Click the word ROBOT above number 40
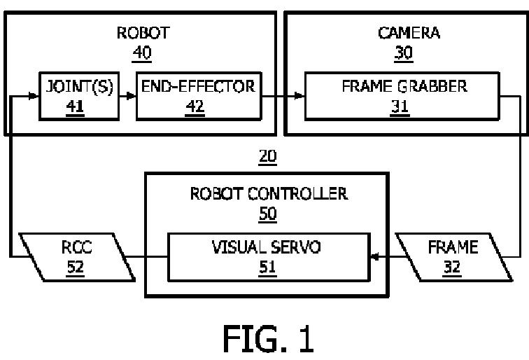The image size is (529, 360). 143,33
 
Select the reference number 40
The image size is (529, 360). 141,53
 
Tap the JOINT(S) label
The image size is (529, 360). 80,86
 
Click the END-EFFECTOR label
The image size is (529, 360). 199,86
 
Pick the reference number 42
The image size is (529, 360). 195,106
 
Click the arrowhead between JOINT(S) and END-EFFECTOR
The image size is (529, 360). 132,96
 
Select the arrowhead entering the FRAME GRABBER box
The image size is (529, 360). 299,96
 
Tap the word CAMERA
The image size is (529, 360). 409,33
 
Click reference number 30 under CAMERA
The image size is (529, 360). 404,53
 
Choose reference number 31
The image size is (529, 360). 400,106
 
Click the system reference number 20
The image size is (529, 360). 267,156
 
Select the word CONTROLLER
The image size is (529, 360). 297,193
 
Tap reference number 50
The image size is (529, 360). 268,214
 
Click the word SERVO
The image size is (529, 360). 295,247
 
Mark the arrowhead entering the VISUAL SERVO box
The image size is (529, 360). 375,256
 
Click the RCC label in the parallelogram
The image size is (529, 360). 76,247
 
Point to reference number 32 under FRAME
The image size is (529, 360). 452,267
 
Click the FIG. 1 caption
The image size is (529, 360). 269,339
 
